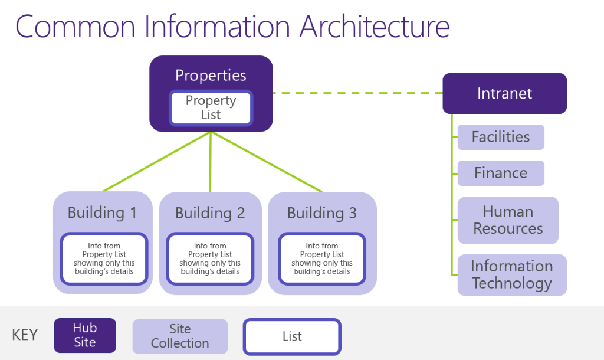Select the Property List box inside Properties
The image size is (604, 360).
point(211,108)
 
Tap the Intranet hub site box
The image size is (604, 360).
point(504,93)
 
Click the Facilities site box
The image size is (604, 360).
point(500,137)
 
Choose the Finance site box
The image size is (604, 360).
point(500,173)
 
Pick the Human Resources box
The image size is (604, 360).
point(507,220)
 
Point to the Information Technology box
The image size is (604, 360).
point(511,274)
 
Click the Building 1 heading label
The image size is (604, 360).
point(102,212)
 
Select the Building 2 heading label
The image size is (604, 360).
point(210,212)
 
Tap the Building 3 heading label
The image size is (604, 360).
point(321,212)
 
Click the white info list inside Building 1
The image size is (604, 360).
point(104,258)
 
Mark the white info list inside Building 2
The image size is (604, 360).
point(210,258)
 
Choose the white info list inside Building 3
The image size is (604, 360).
point(322,258)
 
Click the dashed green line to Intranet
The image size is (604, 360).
point(357,93)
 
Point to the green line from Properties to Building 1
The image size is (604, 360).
point(157,162)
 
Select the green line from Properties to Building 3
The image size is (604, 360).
point(267,162)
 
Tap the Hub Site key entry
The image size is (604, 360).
point(85,335)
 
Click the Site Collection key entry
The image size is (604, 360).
point(180,336)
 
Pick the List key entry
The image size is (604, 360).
point(292,336)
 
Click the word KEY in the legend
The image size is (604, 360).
point(25,335)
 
